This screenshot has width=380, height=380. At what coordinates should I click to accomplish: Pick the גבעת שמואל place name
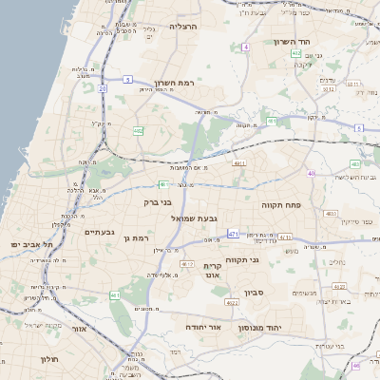point(194,218)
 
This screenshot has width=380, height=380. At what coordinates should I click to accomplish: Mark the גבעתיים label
point(99,232)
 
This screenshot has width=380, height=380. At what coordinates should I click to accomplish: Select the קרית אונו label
point(212,272)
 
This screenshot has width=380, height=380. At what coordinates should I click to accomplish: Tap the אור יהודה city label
point(202,326)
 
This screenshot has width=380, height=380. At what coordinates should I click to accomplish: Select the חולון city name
point(49,359)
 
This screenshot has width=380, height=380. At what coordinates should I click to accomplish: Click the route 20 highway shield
point(101,88)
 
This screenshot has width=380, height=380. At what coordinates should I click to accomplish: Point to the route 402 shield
point(297,54)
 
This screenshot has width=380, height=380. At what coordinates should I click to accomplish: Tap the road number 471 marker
point(233,233)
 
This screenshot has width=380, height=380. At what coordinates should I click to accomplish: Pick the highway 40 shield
point(311,173)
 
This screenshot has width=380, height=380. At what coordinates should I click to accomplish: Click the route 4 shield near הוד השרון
point(245,47)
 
